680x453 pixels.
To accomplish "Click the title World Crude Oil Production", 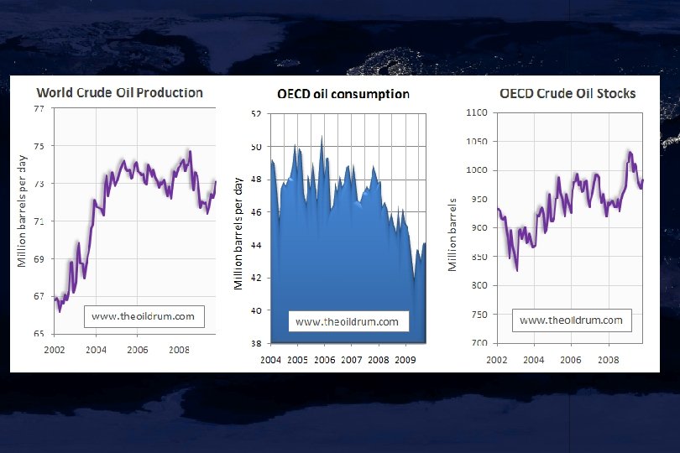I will [118, 92].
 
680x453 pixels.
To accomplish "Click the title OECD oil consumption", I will [343, 94].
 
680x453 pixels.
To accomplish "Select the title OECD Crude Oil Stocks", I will [568, 93].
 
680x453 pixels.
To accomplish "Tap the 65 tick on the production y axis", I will [39, 333].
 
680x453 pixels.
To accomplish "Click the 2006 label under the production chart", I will [138, 349].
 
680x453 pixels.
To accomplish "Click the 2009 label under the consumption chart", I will [405, 360].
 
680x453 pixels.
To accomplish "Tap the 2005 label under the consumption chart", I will [297, 360].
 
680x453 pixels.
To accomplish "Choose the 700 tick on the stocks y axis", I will [479, 343].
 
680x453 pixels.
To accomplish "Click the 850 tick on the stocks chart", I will [479, 257].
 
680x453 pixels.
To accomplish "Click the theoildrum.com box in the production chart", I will [143, 316].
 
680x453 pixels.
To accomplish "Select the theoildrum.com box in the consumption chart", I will [348, 321].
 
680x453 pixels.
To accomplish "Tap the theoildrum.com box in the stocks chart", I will [571, 320].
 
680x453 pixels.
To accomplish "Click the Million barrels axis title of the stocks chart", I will [452, 234].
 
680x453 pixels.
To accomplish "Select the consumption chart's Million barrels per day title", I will [238, 232].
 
